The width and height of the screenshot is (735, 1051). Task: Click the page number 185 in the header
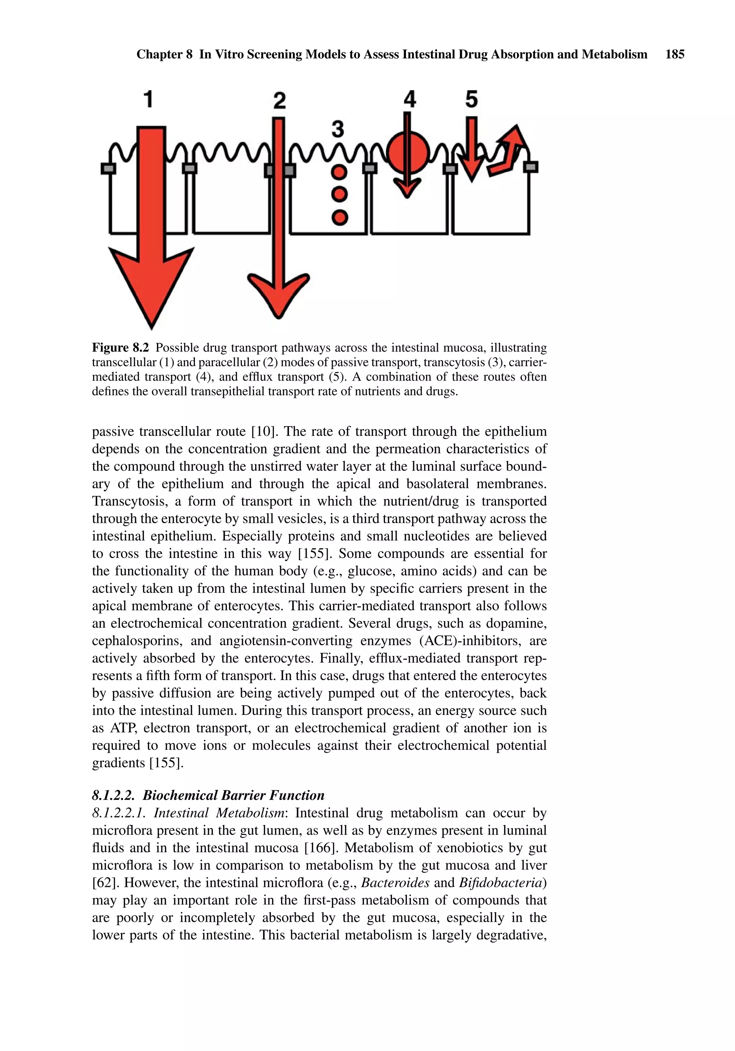click(x=675, y=55)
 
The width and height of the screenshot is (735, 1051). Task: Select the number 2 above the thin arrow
click(x=279, y=100)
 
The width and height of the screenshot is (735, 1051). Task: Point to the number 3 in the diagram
click(x=338, y=129)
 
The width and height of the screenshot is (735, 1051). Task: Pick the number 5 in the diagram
click(x=471, y=99)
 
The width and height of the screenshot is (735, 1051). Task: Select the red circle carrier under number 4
click(x=407, y=151)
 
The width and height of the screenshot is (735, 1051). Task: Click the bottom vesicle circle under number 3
click(x=339, y=217)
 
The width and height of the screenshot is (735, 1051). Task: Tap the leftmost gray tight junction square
click(x=108, y=168)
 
